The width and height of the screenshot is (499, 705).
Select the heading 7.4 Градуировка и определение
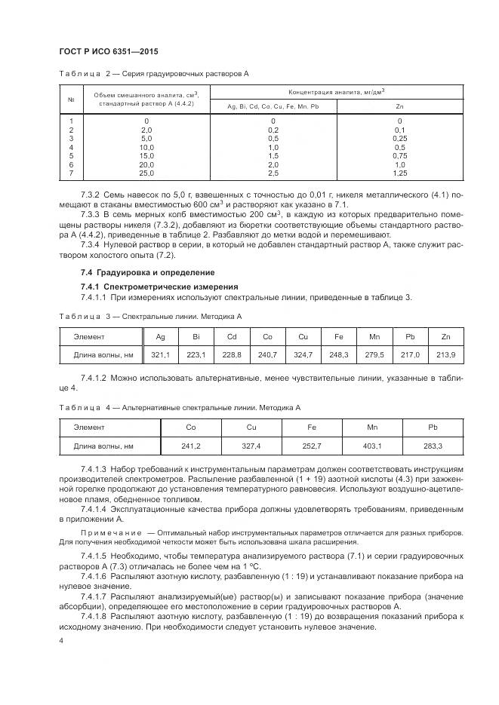coord(147,272)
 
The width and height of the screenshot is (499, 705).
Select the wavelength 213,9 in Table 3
coord(447,354)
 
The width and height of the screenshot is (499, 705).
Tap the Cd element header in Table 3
coord(233,336)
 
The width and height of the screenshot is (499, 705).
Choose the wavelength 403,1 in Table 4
coord(373,446)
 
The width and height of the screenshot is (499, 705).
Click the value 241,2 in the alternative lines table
coord(192,446)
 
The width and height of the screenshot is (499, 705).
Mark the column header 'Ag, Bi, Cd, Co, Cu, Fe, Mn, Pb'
coord(273,106)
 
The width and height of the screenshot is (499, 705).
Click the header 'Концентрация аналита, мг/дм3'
coord(337,90)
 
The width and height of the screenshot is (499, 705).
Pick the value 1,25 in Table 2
coord(399,173)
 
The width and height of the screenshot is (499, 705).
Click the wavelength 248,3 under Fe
coord(339,354)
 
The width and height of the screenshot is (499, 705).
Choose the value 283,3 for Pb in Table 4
coord(433,446)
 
